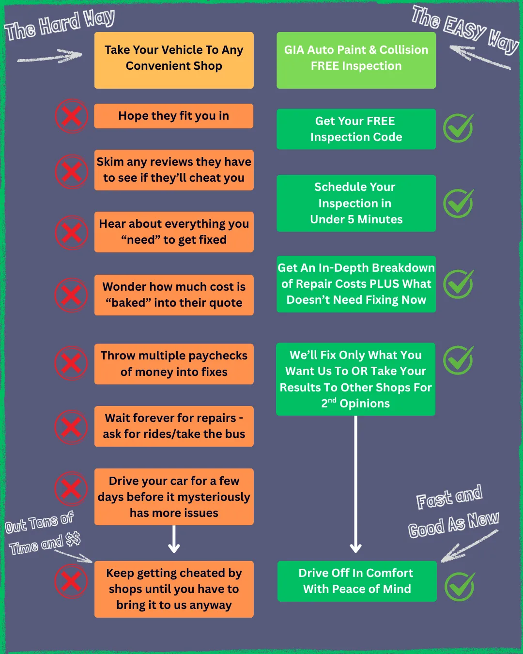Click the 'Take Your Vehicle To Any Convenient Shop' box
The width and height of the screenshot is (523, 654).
(x=174, y=60)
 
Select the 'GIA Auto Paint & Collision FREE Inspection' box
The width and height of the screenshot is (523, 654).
(x=356, y=60)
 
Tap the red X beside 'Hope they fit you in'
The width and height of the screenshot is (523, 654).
(x=71, y=116)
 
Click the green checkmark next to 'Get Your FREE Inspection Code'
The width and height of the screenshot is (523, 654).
(x=458, y=128)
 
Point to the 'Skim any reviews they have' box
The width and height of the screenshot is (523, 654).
(x=174, y=170)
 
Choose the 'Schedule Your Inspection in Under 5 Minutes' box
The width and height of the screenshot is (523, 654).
(x=356, y=203)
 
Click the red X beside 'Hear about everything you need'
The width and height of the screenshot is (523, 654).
(x=71, y=233)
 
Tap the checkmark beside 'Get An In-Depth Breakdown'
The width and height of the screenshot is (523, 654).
(x=458, y=284)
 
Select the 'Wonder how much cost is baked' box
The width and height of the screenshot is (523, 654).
(x=174, y=295)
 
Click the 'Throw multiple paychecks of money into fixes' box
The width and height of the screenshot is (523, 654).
(x=174, y=364)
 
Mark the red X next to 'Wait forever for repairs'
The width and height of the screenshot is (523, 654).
(x=71, y=427)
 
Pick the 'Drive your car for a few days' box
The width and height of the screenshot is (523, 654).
(x=174, y=497)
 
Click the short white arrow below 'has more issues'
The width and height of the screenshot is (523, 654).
(x=174, y=539)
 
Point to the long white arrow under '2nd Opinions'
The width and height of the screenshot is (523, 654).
(x=355, y=484)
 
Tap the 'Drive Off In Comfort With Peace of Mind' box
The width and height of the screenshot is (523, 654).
(x=357, y=581)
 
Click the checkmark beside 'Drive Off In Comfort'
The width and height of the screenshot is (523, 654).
(x=460, y=587)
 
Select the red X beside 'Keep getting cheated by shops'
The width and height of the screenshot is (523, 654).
(x=71, y=581)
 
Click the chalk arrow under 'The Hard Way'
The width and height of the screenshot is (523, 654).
(x=49, y=56)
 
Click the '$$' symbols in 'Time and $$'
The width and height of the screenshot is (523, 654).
(x=73, y=539)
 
